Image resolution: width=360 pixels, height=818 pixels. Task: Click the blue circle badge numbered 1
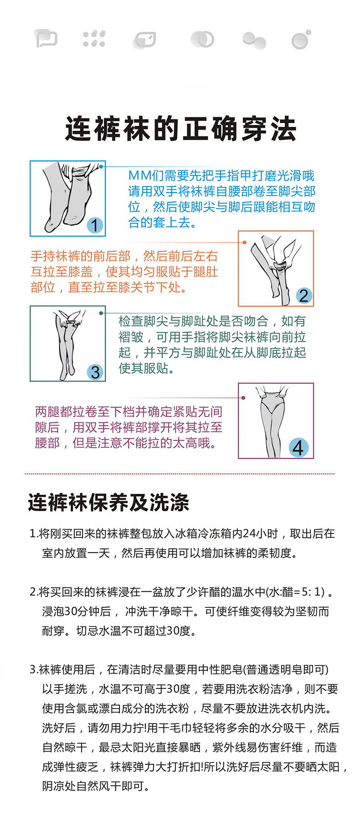94,225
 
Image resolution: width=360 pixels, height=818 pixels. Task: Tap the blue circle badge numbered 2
303,295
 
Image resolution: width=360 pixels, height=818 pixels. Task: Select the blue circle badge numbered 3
95,372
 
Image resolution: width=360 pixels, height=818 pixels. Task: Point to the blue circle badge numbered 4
298,447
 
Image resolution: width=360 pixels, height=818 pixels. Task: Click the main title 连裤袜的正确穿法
180,129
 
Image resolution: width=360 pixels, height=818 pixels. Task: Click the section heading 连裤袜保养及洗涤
108,502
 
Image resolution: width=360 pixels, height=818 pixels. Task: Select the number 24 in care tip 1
249,533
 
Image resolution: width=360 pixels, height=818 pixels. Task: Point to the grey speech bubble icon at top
46,39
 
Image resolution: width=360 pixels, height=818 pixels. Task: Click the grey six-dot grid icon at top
94,39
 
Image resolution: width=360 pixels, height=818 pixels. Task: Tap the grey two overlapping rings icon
202,39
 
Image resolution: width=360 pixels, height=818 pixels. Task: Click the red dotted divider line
180,474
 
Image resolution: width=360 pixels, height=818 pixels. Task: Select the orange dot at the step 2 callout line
245,243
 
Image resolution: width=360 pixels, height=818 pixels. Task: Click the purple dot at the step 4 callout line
243,398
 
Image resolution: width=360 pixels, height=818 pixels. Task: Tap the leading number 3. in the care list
34,669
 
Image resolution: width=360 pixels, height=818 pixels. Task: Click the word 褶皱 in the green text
131,337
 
